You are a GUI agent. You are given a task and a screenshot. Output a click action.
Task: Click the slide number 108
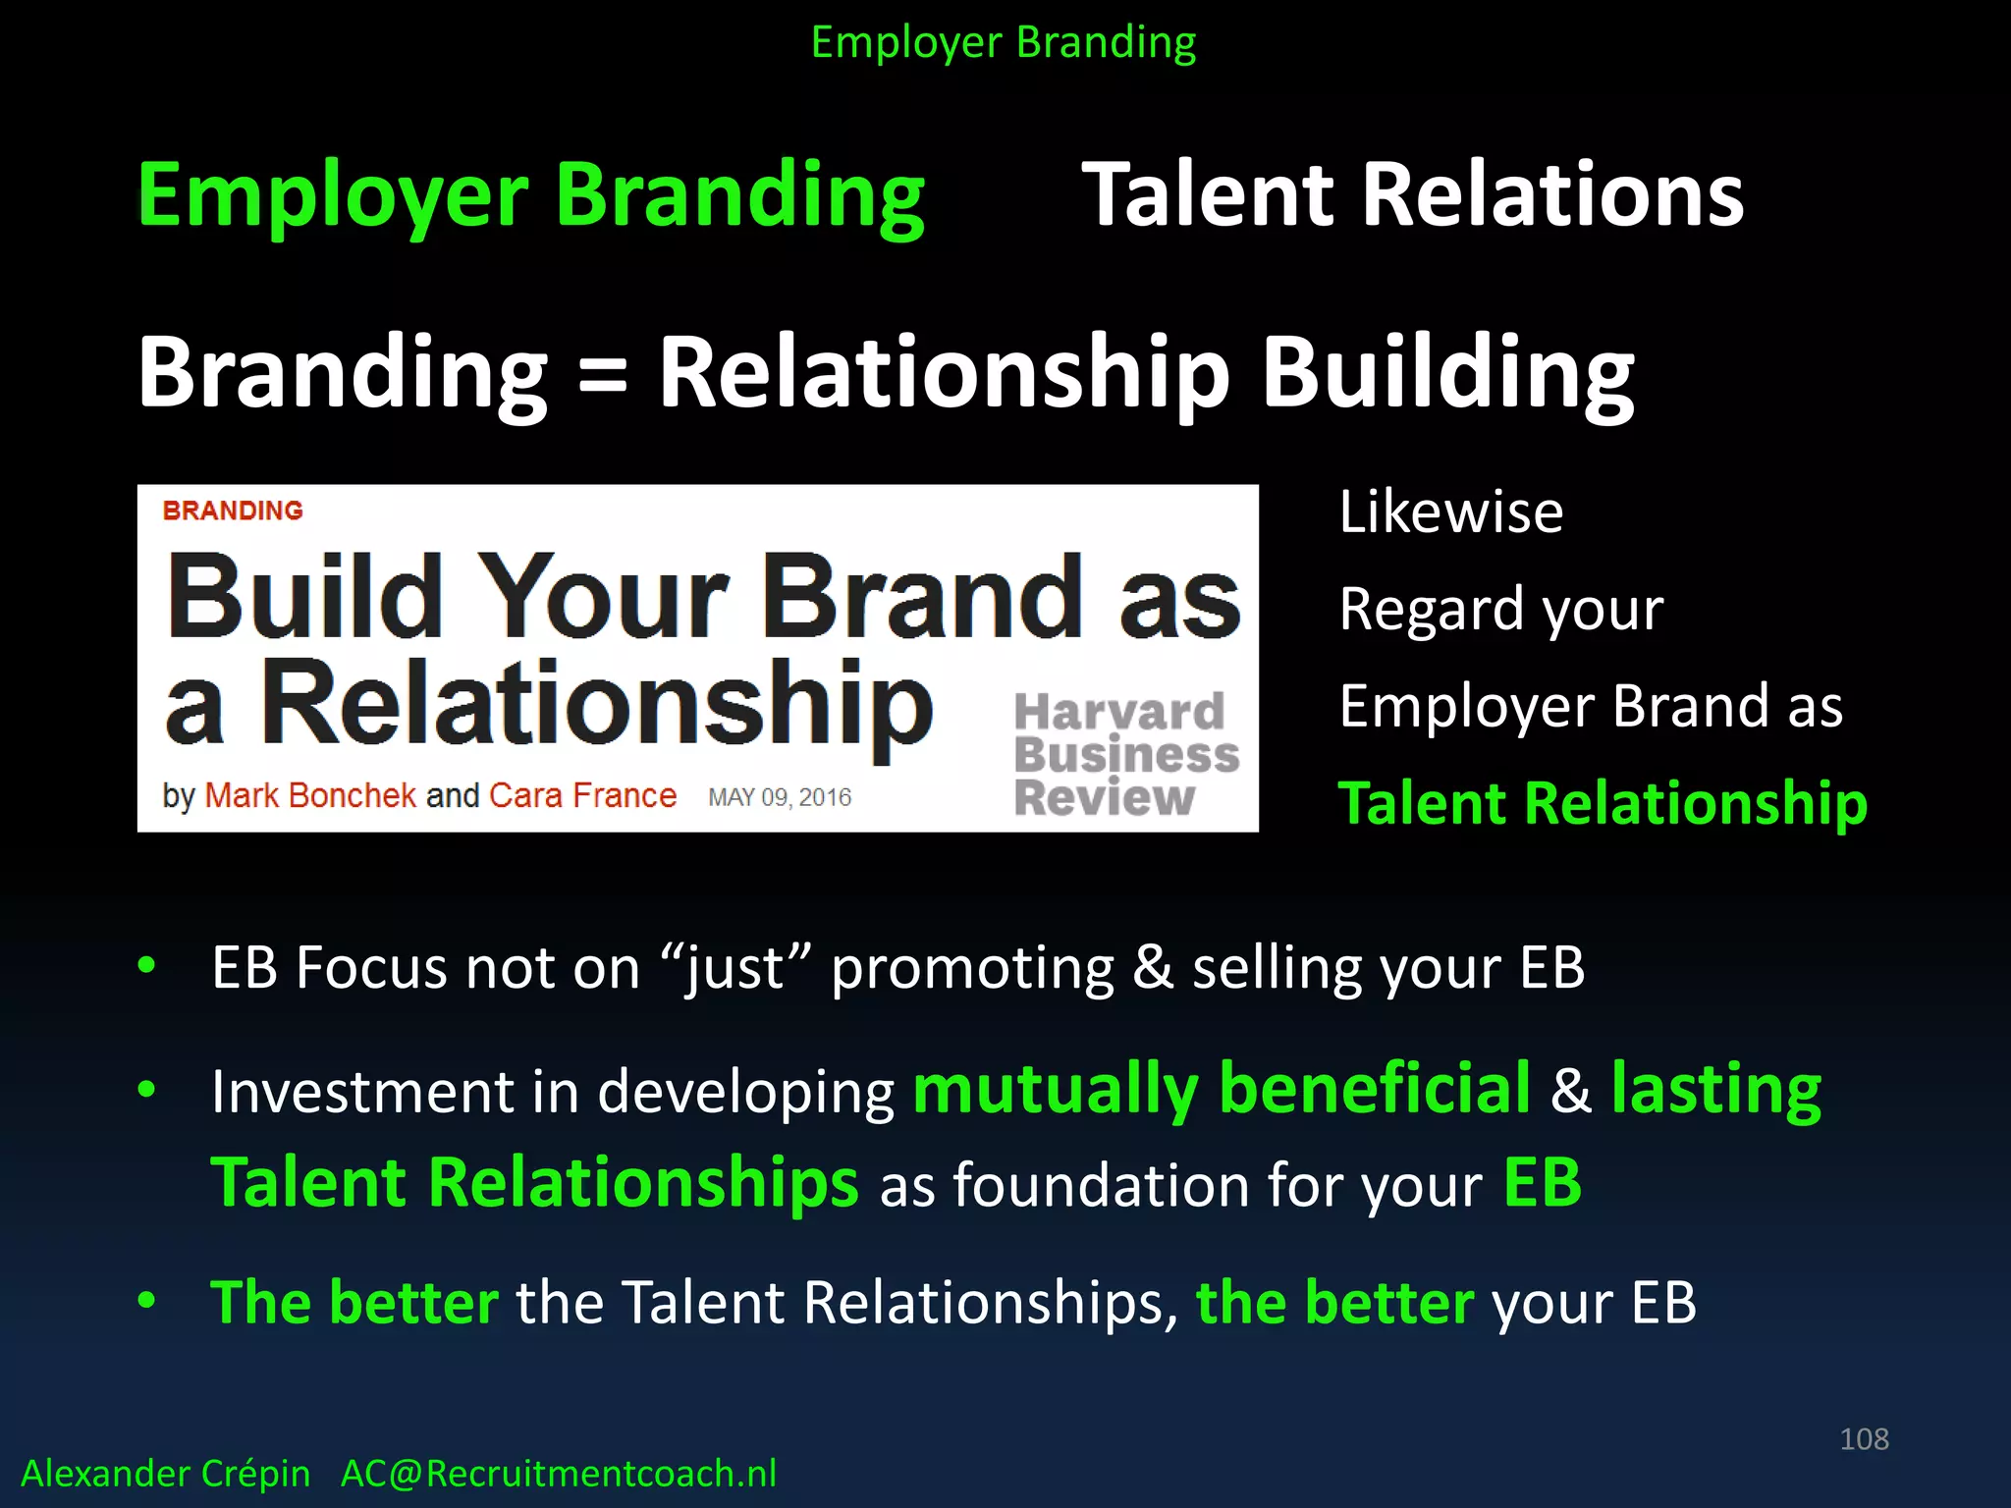click(1864, 1439)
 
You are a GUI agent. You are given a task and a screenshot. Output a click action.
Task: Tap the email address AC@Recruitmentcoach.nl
click(558, 1474)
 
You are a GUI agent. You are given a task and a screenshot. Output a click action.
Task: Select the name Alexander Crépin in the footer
click(165, 1474)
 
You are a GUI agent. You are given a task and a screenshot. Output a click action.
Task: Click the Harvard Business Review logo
click(1125, 754)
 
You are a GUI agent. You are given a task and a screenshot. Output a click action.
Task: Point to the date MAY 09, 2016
click(780, 797)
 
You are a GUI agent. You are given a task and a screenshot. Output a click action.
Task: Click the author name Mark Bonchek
click(310, 795)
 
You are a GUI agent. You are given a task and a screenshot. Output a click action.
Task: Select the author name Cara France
click(582, 795)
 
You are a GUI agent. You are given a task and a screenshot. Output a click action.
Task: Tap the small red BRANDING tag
click(233, 511)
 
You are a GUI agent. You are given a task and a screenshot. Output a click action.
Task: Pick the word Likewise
click(1450, 512)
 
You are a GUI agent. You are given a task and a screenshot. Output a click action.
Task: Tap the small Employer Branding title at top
click(1004, 42)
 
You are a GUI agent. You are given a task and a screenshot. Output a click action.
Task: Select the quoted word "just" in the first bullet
click(736, 968)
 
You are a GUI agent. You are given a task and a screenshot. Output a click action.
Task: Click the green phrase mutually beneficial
click(1222, 1089)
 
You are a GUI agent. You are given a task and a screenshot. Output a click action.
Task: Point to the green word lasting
click(1715, 1089)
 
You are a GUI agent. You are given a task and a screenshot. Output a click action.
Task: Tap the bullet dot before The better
click(147, 1301)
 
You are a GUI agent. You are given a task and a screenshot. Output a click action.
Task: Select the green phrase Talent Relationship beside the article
click(1602, 803)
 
